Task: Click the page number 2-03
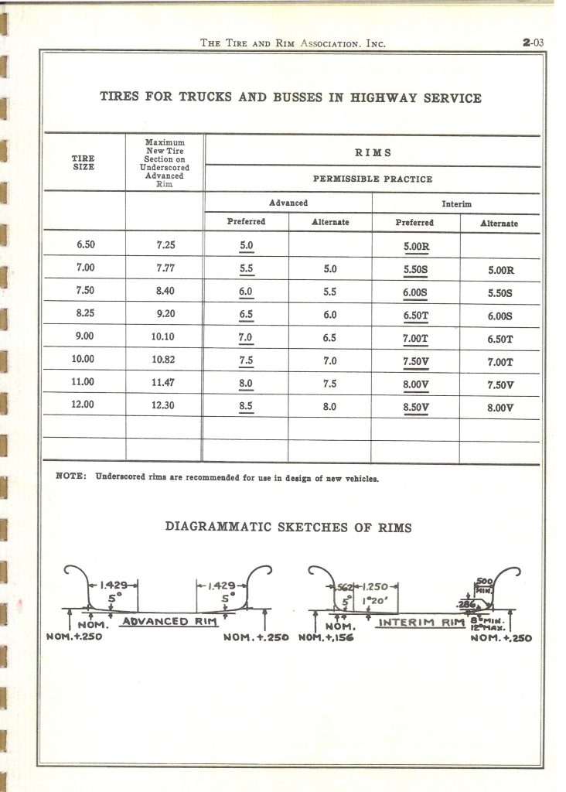pyautogui.click(x=534, y=43)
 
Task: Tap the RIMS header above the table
pyautogui.click(x=371, y=152)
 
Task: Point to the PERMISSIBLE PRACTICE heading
pyautogui.click(x=372, y=179)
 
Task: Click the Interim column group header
pyautogui.click(x=455, y=203)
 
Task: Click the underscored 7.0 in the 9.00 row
pyautogui.click(x=245, y=338)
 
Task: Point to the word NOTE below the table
pyautogui.click(x=71, y=477)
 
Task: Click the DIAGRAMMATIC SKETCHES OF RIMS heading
pyautogui.click(x=289, y=527)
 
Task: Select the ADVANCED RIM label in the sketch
pyautogui.click(x=167, y=622)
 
